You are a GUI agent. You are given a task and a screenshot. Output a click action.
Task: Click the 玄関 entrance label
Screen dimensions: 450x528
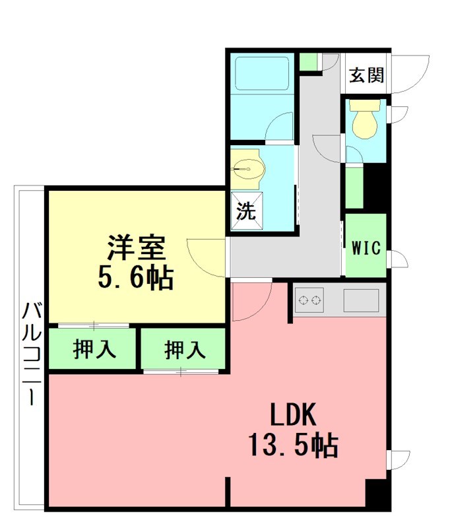tap(366, 75)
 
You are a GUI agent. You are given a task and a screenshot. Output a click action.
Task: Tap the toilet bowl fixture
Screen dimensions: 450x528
tap(364, 119)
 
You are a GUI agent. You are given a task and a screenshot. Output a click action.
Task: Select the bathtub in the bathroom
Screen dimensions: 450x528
tap(262, 75)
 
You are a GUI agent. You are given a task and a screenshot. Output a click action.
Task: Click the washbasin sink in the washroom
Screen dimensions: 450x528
tap(248, 168)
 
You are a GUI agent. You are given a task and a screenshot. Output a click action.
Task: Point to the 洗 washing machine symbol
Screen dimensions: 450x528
tap(246, 211)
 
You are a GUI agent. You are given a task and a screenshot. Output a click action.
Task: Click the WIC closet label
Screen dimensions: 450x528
tap(366, 248)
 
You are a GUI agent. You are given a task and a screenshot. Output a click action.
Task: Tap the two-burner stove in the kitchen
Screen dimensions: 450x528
tap(309, 300)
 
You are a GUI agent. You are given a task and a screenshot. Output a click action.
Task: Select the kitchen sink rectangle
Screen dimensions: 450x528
tap(361, 300)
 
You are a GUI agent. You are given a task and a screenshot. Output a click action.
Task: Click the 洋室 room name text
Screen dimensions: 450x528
tap(137, 248)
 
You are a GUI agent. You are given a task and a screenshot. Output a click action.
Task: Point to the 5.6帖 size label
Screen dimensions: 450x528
tap(136, 277)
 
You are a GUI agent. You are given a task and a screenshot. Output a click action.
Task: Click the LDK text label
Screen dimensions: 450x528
tap(293, 414)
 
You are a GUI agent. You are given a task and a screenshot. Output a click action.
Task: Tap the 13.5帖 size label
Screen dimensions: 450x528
tap(293, 444)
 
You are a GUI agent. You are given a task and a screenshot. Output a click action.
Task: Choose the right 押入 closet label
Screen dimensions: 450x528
tap(185, 350)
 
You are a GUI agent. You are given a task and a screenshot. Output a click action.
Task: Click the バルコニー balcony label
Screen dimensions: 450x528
tap(32, 353)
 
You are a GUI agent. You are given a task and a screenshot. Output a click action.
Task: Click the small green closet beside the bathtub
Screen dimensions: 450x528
tap(308, 61)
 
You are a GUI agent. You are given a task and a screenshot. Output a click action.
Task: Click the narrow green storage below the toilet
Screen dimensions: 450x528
tap(354, 187)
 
